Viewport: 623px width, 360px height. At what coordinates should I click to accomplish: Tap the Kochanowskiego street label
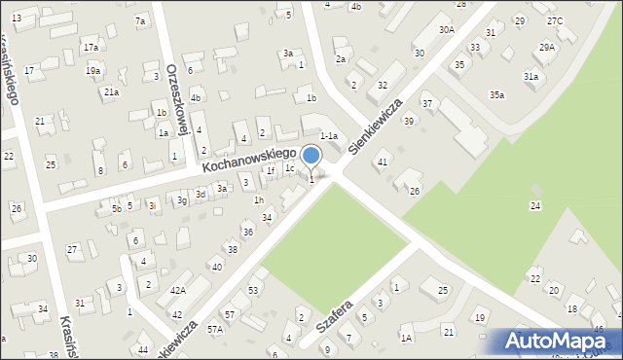coord(249,161)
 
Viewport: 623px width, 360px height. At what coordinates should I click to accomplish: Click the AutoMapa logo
coord(560,341)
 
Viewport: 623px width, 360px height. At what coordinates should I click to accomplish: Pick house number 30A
coord(447,30)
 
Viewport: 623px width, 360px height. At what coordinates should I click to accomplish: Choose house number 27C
coord(555,20)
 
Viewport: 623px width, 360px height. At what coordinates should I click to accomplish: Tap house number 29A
coord(547,47)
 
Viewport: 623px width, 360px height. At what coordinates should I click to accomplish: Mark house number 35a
coord(497,94)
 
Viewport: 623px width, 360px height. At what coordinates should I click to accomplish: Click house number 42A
coord(178,291)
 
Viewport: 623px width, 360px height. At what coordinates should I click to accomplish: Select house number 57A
coord(215,330)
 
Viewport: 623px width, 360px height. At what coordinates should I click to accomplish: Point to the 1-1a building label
coord(329,137)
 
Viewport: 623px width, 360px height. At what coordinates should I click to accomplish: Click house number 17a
coord(91,47)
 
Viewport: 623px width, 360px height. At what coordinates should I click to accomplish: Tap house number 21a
coord(112,91)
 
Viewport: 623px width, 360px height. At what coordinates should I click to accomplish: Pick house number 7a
coord(140,20)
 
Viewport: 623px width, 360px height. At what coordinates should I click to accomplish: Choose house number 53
coord(253,290)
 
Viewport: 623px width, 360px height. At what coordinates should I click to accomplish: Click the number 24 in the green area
coord(534,205)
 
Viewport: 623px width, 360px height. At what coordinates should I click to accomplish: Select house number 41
coord(383,162)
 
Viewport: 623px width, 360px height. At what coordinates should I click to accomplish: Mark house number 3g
coord(182,200)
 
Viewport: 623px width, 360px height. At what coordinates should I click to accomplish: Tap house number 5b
coord(117,208)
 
